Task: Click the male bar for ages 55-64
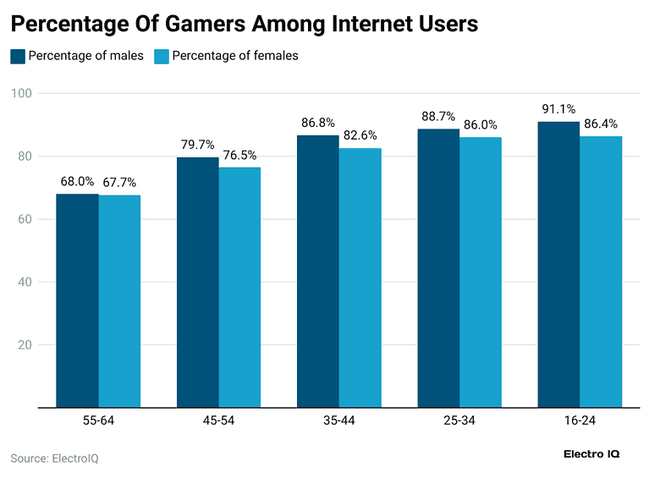click(78, 300)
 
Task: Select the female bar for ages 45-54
click(239, 287)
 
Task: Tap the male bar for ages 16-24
click(558, 264)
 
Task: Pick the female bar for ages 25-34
click(480, 271)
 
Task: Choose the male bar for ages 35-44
click(318, 271)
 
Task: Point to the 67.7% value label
click(119, 182)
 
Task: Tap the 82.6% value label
click(360, 135)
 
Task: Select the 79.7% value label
click(198, 145)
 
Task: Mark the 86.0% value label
click(480, 124)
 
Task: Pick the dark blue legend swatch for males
click(18, 57)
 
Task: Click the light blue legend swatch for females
click(160, 57)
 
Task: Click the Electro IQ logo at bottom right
click(591, 454)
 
